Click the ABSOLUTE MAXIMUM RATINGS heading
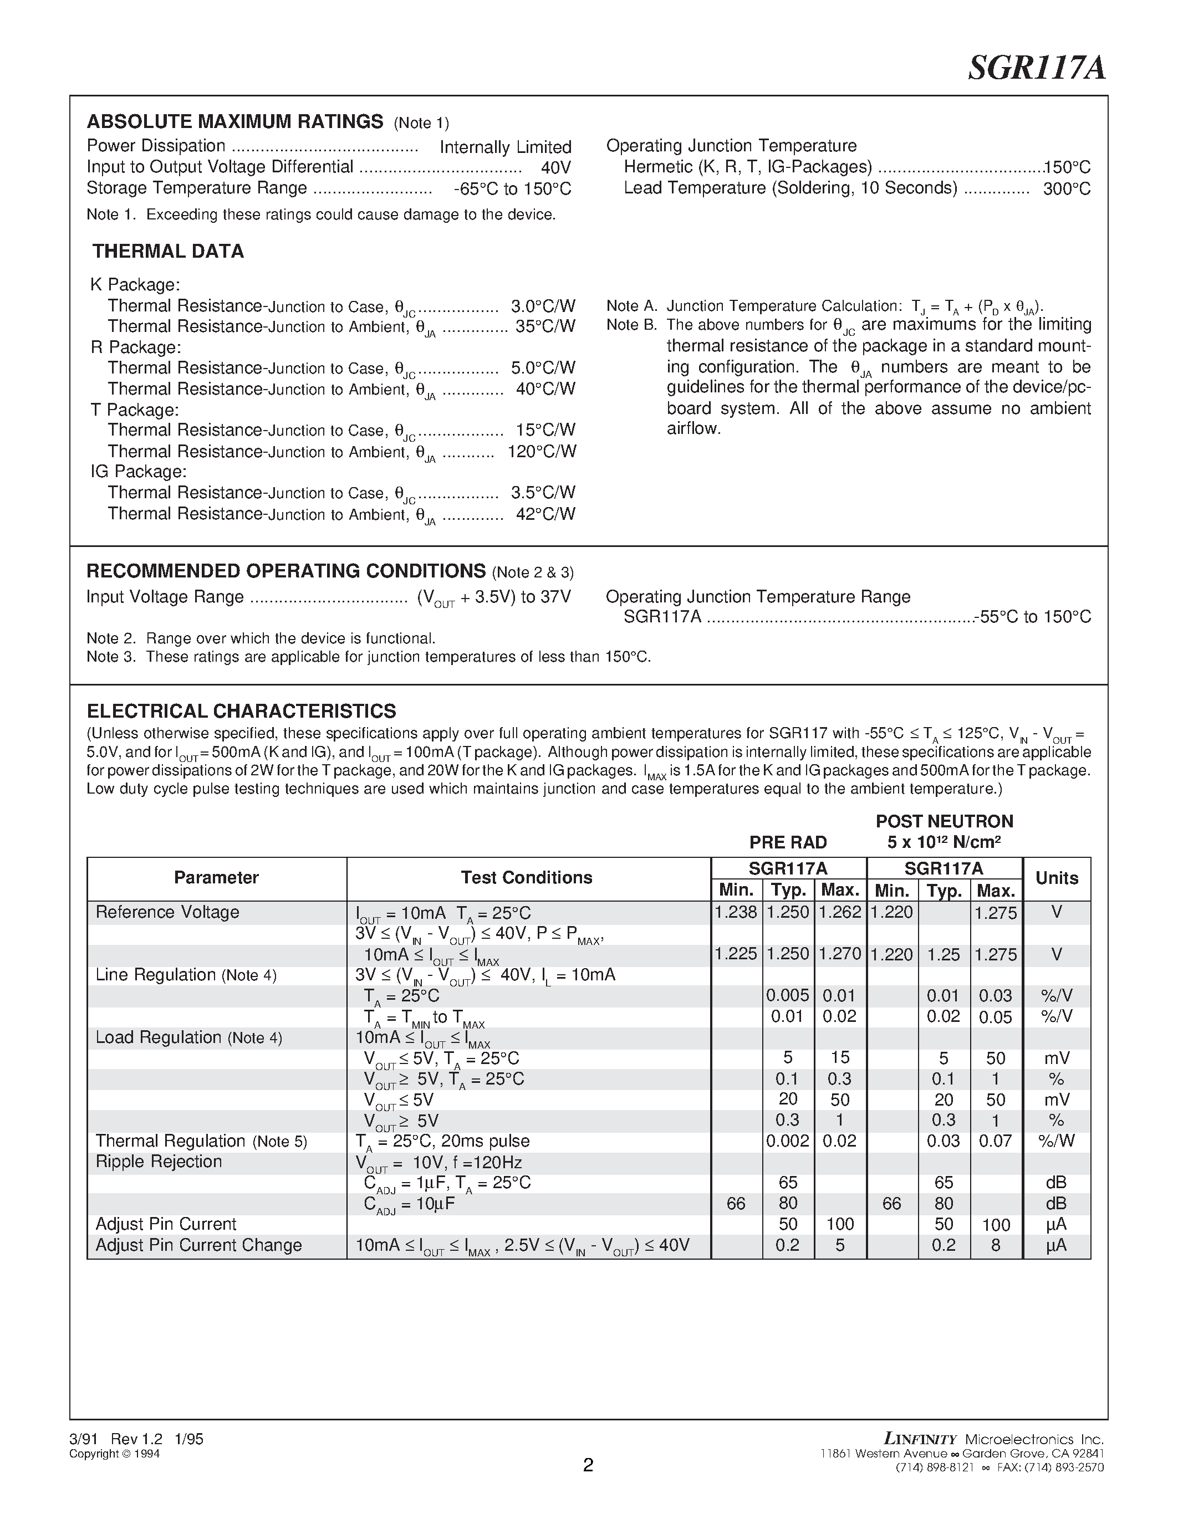tap(234, 121)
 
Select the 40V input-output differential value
tap(555, 168)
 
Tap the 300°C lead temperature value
tap(1067, 189)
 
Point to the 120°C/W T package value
tap(542, 452)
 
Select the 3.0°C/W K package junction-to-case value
tap(543, 306)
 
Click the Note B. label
tap(631, 325)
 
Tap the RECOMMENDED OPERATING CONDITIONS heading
tap(286, 571)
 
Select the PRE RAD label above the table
tap(788, 842)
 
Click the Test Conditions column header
tap(526, 878)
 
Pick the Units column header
tap(1056, 878)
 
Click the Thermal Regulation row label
tap(170, 1141)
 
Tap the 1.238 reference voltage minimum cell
tap(736, 912)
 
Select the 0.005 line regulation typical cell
tap(787, 995)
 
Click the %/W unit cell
tap(1056, 1141)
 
